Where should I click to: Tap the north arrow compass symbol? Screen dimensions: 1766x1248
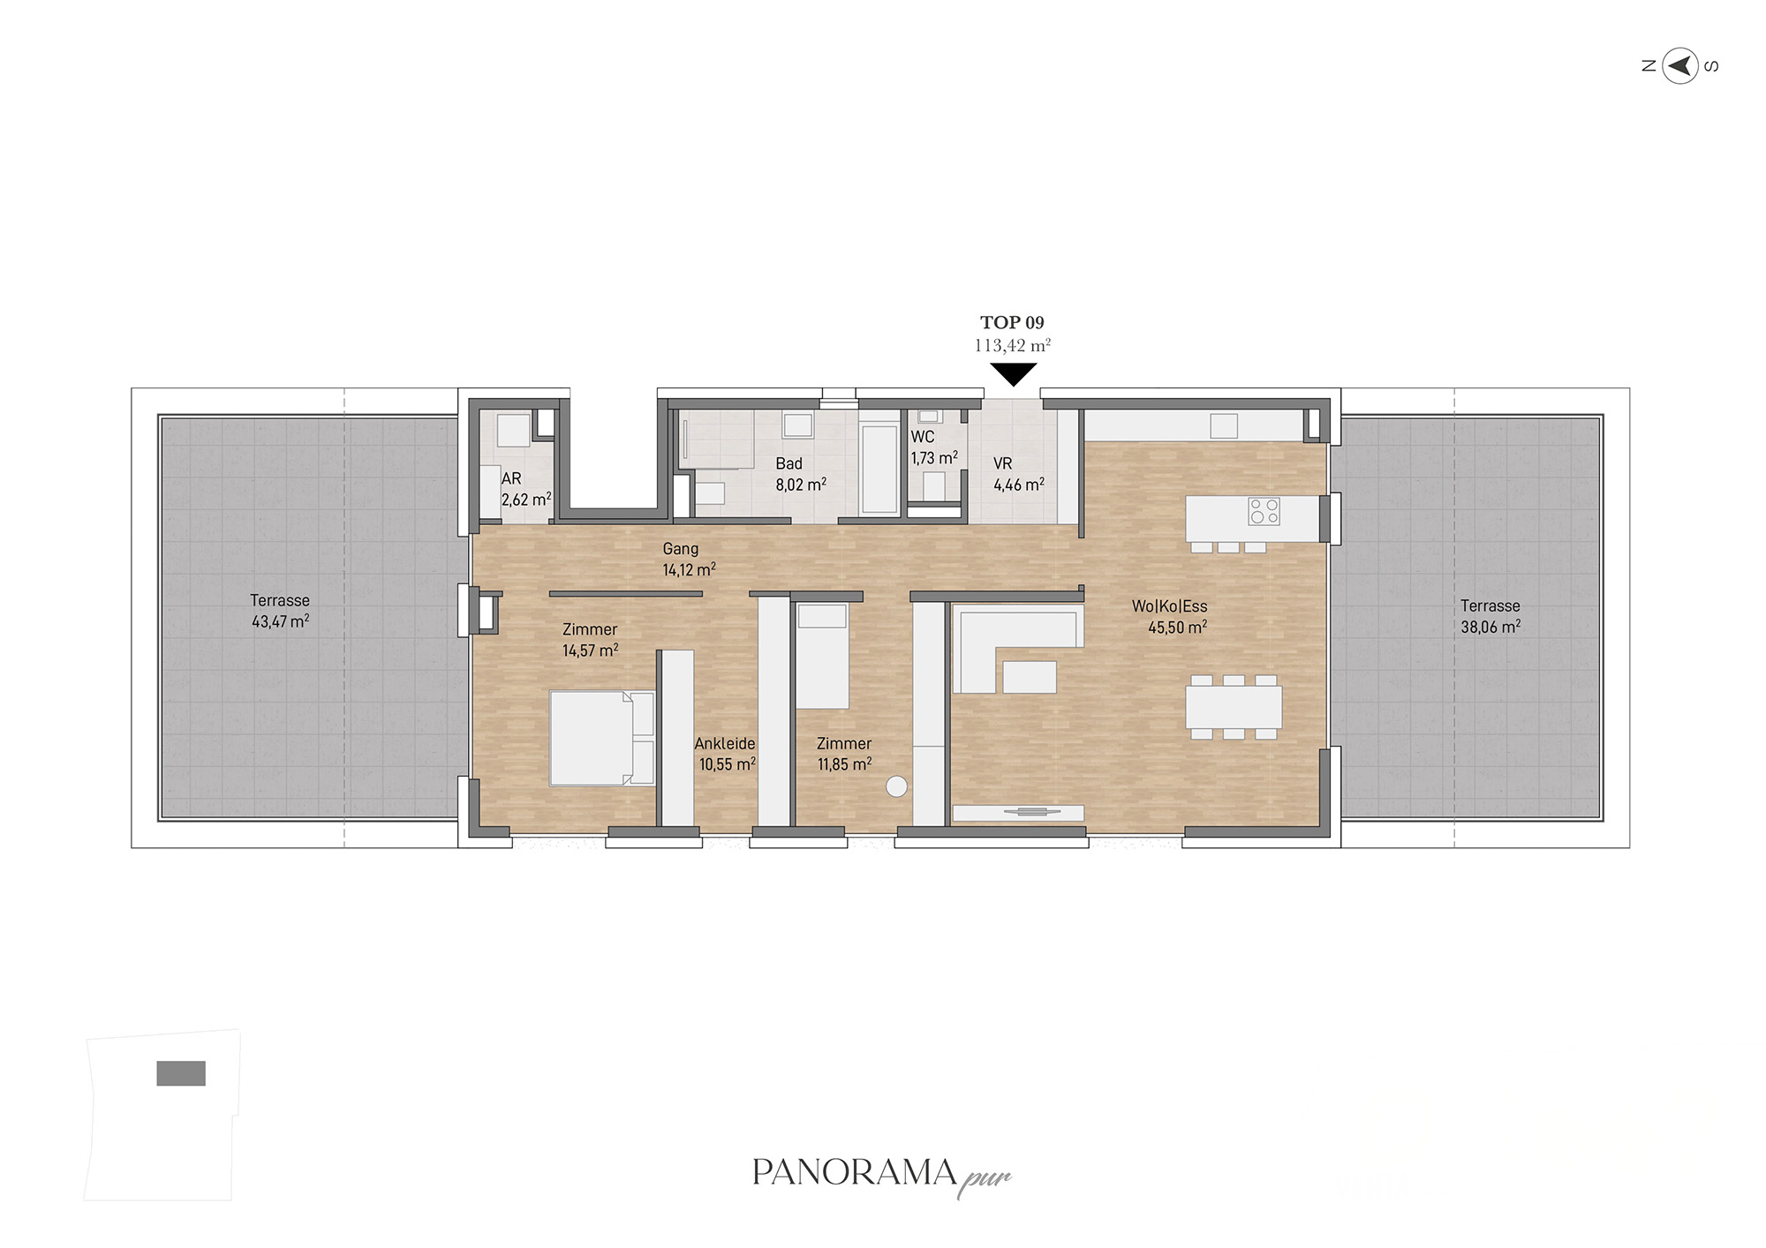(x=1680, y=65)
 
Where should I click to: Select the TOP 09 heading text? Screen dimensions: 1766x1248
(x=1012, y=323)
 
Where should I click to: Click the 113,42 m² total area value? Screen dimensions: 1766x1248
(x=1013, y=345)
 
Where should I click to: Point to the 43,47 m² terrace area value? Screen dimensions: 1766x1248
(x=280, y=621)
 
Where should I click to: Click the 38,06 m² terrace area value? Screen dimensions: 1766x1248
(x=1491, y=627)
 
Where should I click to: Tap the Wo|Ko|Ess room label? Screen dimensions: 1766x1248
(x=1169, y=606)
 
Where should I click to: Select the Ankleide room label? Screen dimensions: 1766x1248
(x=725, y=743)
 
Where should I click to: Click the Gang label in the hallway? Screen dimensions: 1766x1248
(x=681, y=549)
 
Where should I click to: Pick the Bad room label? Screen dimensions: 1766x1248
(x=789, y=463)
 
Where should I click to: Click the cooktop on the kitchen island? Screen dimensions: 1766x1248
(x=1264, y=511)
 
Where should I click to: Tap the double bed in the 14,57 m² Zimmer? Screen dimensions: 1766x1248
(x=601, y=738)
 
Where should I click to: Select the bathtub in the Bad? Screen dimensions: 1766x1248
(x=879, y=469)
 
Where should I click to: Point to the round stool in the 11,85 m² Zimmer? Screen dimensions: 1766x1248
(x=896, y=786)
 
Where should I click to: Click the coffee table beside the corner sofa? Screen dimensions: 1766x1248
(x=1030, y=677)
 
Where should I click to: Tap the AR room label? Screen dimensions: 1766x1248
(x=511, y=478)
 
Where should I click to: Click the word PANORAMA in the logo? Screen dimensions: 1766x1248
(x=855, y=1172)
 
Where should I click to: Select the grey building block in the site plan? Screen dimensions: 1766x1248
(x=181, y=1073)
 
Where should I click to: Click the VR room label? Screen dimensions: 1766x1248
(x=1002, y=463)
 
